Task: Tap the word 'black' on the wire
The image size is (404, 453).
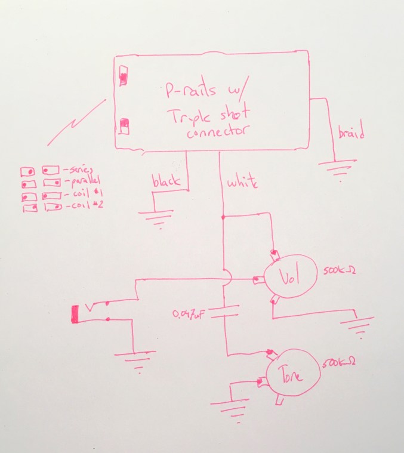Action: click(166, 182)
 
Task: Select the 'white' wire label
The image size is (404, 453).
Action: click(242, 183)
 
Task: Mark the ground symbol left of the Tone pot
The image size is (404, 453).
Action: click(230, 409)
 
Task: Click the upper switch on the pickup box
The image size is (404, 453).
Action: click(125, 75)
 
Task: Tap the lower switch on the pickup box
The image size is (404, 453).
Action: click(124, 127)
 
